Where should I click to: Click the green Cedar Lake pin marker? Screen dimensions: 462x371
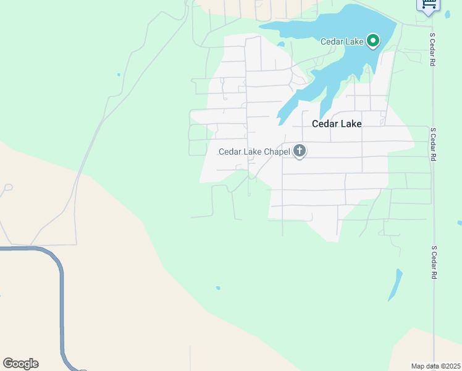373,41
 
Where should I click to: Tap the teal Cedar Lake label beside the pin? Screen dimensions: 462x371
342,41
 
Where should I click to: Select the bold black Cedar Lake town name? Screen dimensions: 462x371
337,124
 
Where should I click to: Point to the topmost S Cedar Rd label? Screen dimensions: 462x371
434,49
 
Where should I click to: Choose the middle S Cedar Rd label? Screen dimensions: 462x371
434,145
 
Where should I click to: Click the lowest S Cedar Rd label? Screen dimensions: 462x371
434,262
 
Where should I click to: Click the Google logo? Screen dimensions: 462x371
20,364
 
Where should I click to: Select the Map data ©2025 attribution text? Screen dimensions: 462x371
435,366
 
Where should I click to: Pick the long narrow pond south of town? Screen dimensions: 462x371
395,284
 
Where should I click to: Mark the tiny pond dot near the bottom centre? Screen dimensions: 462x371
218,288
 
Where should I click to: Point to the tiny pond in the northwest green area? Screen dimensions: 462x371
119,75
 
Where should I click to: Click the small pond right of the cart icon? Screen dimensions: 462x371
447,14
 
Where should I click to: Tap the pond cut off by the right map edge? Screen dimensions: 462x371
459,223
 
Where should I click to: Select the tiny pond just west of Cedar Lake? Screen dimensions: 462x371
281,44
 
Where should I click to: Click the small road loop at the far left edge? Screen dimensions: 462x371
8,186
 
